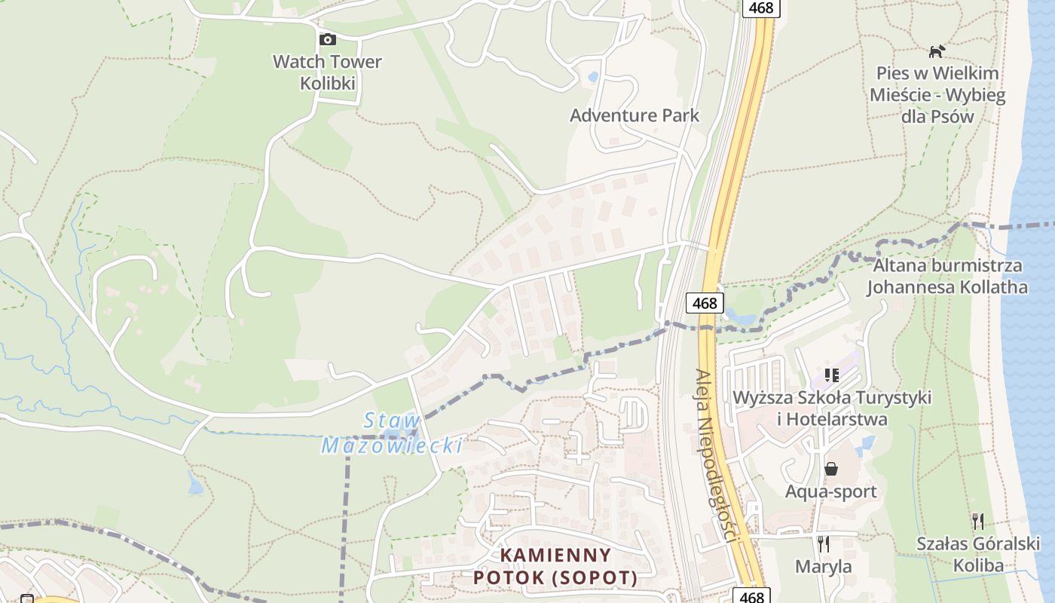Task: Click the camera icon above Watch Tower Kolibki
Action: [x=327, y=39]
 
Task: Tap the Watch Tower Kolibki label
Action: [x=327, y=72]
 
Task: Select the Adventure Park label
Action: [x=635, y=115]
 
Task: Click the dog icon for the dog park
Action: [x=937, y=51]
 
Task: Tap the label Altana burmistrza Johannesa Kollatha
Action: [x=947, y=276]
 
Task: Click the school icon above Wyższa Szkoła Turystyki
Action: [x=832, y=375]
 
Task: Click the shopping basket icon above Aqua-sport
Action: [x=831, y=469]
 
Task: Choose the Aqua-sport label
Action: [x=831, y=491]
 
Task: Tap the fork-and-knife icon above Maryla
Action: [x=824, y=543]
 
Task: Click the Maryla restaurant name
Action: [x=824, y=566]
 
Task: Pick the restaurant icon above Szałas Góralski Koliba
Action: [x=978, y=521]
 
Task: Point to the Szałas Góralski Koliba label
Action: [x=978, y=554]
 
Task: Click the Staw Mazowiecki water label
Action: [x=392, y=433]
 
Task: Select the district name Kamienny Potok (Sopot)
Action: [x=555, y=566]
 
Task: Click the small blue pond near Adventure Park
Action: [x=593, y=77]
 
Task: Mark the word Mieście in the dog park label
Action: [x=902, y=95]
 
